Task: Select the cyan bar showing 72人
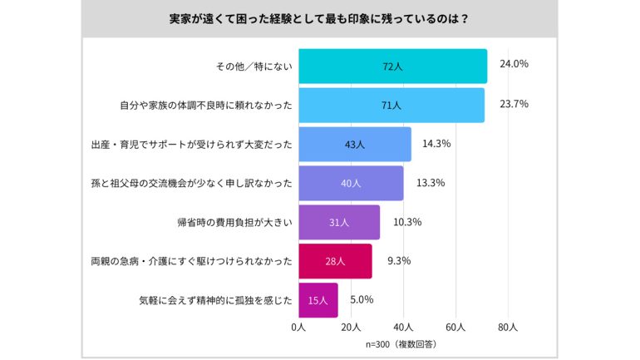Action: coord(392,67)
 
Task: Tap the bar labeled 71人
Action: coord(391,106)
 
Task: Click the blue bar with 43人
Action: coord(355,144)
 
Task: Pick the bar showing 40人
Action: coord(351,183)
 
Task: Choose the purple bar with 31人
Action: coord(339,222)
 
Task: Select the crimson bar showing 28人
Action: coord(335,261)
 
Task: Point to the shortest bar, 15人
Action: coord(318,300)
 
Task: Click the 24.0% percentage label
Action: coord(514,63)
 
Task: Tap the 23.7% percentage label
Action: coord(513,104)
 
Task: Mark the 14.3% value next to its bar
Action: coord(436,143)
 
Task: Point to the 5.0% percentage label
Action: coord(362,299)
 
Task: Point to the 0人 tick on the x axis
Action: coord(299,328)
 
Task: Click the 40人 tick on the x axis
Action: coord(404,328)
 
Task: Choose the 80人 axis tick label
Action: coord(508,328)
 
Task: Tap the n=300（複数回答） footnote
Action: coord(401,343)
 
